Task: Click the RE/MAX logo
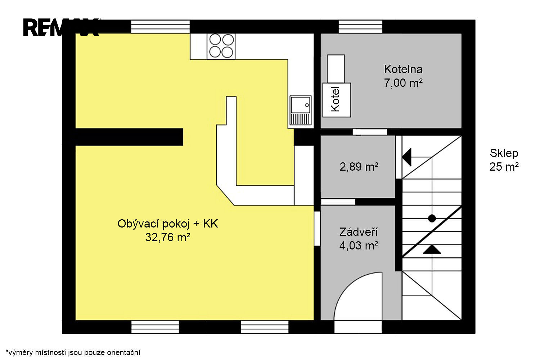(61, 27)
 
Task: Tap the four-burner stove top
(221, 46)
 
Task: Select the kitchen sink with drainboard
(300, 111)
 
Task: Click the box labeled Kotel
(337, 100)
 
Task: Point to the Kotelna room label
(403, 69)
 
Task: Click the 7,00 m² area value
(403, 83)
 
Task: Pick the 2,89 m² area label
(359, 167)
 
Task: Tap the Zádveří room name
(359, 232)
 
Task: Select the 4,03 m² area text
(359, 246)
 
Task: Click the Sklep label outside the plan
(504, 153)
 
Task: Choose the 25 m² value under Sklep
(504, 167)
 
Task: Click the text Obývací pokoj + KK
(168, 224)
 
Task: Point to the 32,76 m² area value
(168, 237)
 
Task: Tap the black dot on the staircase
(432, 219)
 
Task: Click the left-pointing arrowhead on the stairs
(407, 157)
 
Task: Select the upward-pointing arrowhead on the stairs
(432, 249)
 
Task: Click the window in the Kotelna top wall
(360, 27)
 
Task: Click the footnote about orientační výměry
(73, 352)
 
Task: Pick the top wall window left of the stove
(160, 27)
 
